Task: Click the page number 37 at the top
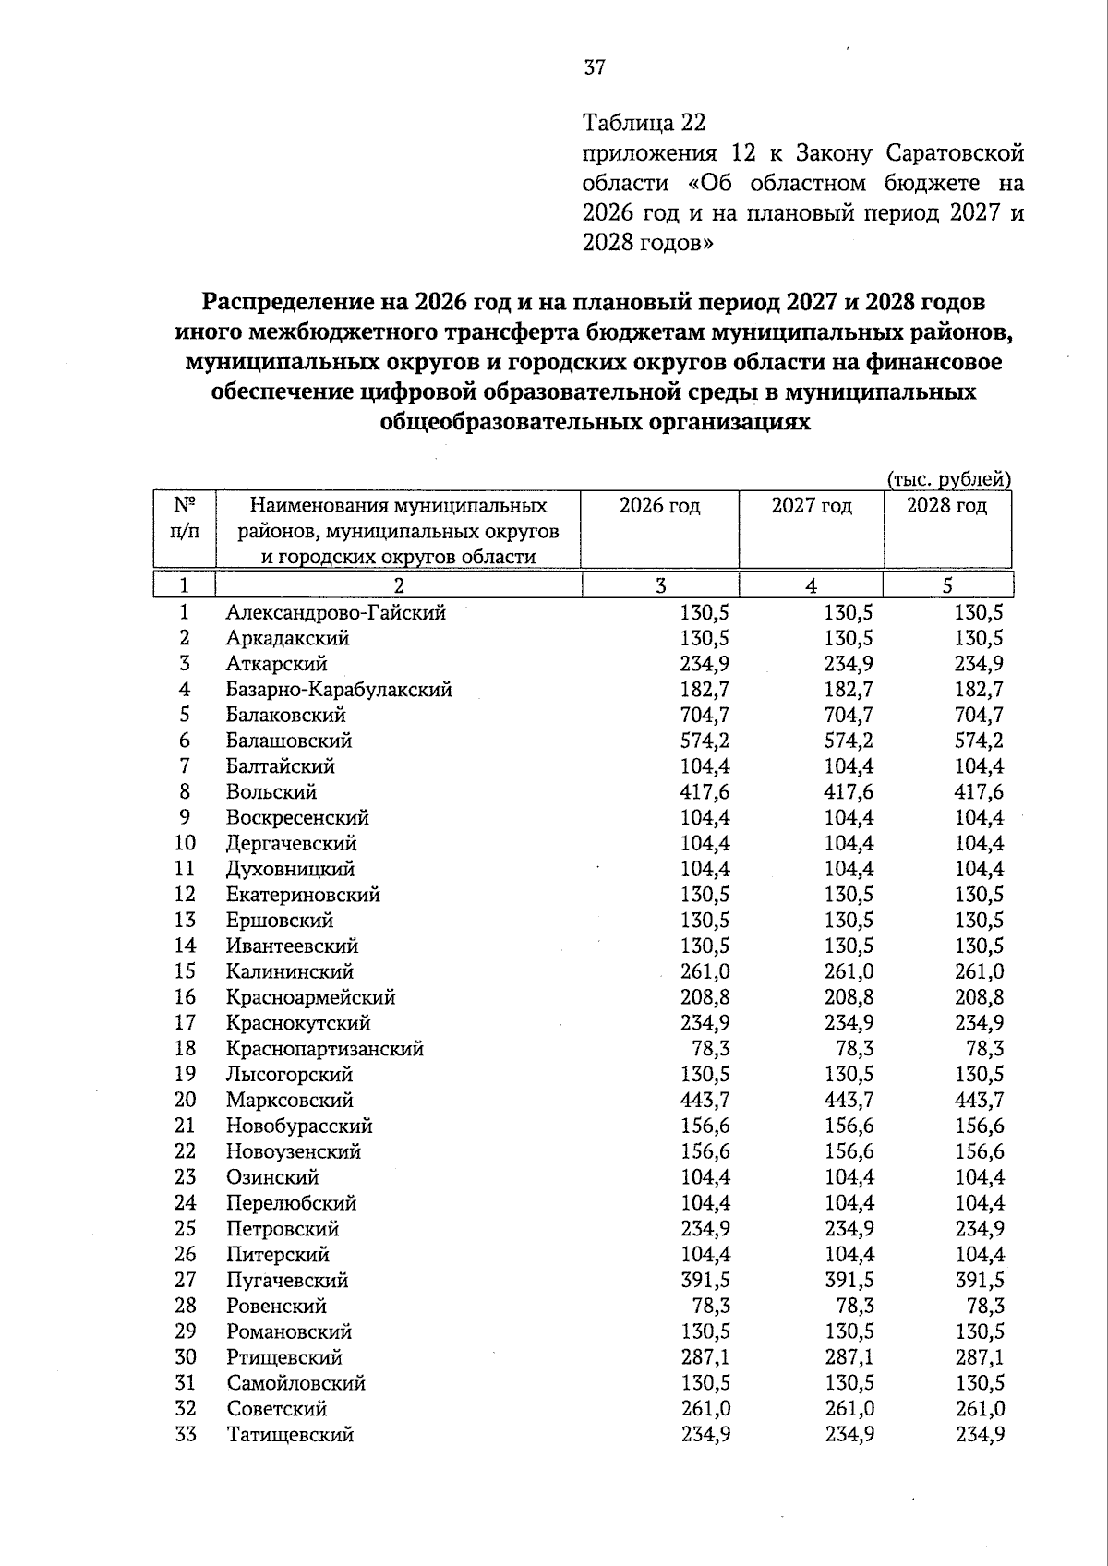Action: click(595, 67)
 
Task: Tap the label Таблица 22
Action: click(644, 123)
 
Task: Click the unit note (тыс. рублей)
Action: click(949, 479)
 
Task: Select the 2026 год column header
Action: click(659, 506)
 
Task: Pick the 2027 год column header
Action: click(812, 506)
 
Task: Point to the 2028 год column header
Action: click(946, 506)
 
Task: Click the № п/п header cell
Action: click(185, 519)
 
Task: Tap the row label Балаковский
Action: click(286, 715)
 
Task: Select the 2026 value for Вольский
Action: click(705, 792)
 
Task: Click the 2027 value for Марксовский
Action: click(849, 1100)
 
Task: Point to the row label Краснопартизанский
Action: click(325, 1049)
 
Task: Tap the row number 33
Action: click(186, 1434)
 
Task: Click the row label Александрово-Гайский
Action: click(336, 612)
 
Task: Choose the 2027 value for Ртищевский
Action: click(849, 1357)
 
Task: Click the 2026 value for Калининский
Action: click(705, 971)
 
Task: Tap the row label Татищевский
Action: click(290, 1434)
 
